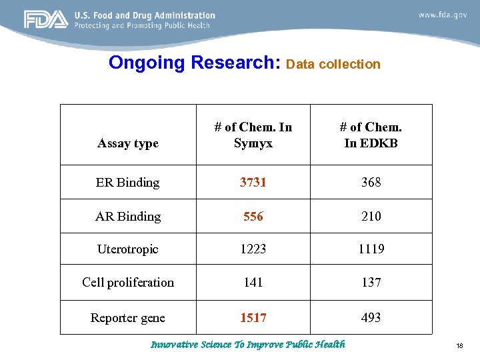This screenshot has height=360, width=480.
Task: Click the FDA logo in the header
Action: coord(46,20)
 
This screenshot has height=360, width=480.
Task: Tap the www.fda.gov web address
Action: coord(443,15)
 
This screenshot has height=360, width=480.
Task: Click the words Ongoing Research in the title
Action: coord(195,63)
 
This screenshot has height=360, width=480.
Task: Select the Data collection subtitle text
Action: coord(333,65)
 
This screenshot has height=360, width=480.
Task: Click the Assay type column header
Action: coord(128,143)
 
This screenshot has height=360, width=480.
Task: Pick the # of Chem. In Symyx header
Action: coord(253,135)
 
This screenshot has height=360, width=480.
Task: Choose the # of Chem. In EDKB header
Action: coord(371,135)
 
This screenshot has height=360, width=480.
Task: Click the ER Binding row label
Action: coord(128,182)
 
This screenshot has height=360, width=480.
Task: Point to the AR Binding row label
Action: coord(128,216)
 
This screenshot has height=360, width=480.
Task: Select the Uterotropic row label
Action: coord(128,249)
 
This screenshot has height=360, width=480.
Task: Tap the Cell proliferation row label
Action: coord(128,283)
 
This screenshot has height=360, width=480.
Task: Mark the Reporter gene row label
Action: coord(128,318)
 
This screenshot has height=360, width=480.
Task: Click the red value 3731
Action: coord(253,182)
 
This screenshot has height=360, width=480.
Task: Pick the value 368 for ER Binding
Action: coord(371,182)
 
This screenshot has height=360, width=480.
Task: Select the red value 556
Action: coord(253,216)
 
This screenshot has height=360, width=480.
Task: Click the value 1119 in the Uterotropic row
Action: coord(371,249)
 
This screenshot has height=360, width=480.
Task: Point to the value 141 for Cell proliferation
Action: coord(253,283)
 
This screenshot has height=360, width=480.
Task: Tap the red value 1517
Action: coord(253,318)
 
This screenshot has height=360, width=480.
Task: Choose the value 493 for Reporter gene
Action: coord(371,318)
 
